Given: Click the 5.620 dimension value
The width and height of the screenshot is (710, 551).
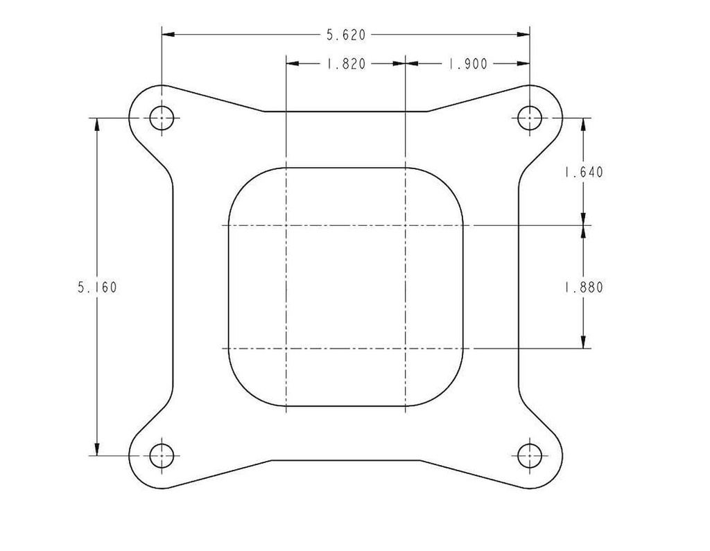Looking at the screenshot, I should pyautogui.click(x=345, y=34).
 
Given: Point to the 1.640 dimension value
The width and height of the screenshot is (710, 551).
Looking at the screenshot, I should pyautogui.click(x=583, y=172).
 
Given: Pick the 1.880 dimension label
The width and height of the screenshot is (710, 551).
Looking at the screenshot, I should pyautogui.click(x=583, y=287).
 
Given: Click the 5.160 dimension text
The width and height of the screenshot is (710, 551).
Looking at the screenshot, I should pyautogui.click(x=97, y=287).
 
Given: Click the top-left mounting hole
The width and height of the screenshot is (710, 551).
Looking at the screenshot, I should pyautogui.click(x=162, y=118).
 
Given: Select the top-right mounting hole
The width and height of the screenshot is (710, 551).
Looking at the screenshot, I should pyautogui.click(x=530, y=118).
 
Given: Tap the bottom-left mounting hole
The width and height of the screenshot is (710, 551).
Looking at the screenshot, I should pyautogui.click(x=162, y=455).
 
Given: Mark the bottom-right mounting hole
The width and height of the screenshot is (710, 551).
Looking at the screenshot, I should pyautogui.click(x=530, y=455).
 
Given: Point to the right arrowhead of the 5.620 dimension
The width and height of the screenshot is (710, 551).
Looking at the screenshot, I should pyautogui.click(x=524, y=34).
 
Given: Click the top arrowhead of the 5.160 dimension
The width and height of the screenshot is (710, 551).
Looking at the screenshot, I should pyautogui.click(x=97, y=124).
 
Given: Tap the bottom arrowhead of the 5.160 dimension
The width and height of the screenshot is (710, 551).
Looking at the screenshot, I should pyautogui.click(x=97, y=449).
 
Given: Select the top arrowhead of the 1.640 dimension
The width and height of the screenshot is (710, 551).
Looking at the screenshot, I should pyautogui.click(x=583, y=124).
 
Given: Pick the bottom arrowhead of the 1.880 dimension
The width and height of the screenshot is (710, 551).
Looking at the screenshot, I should pyautogui.click(x=583, y=342).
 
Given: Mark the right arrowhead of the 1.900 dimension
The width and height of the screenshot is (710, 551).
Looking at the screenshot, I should pyautogui.click(x=524, y=64).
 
